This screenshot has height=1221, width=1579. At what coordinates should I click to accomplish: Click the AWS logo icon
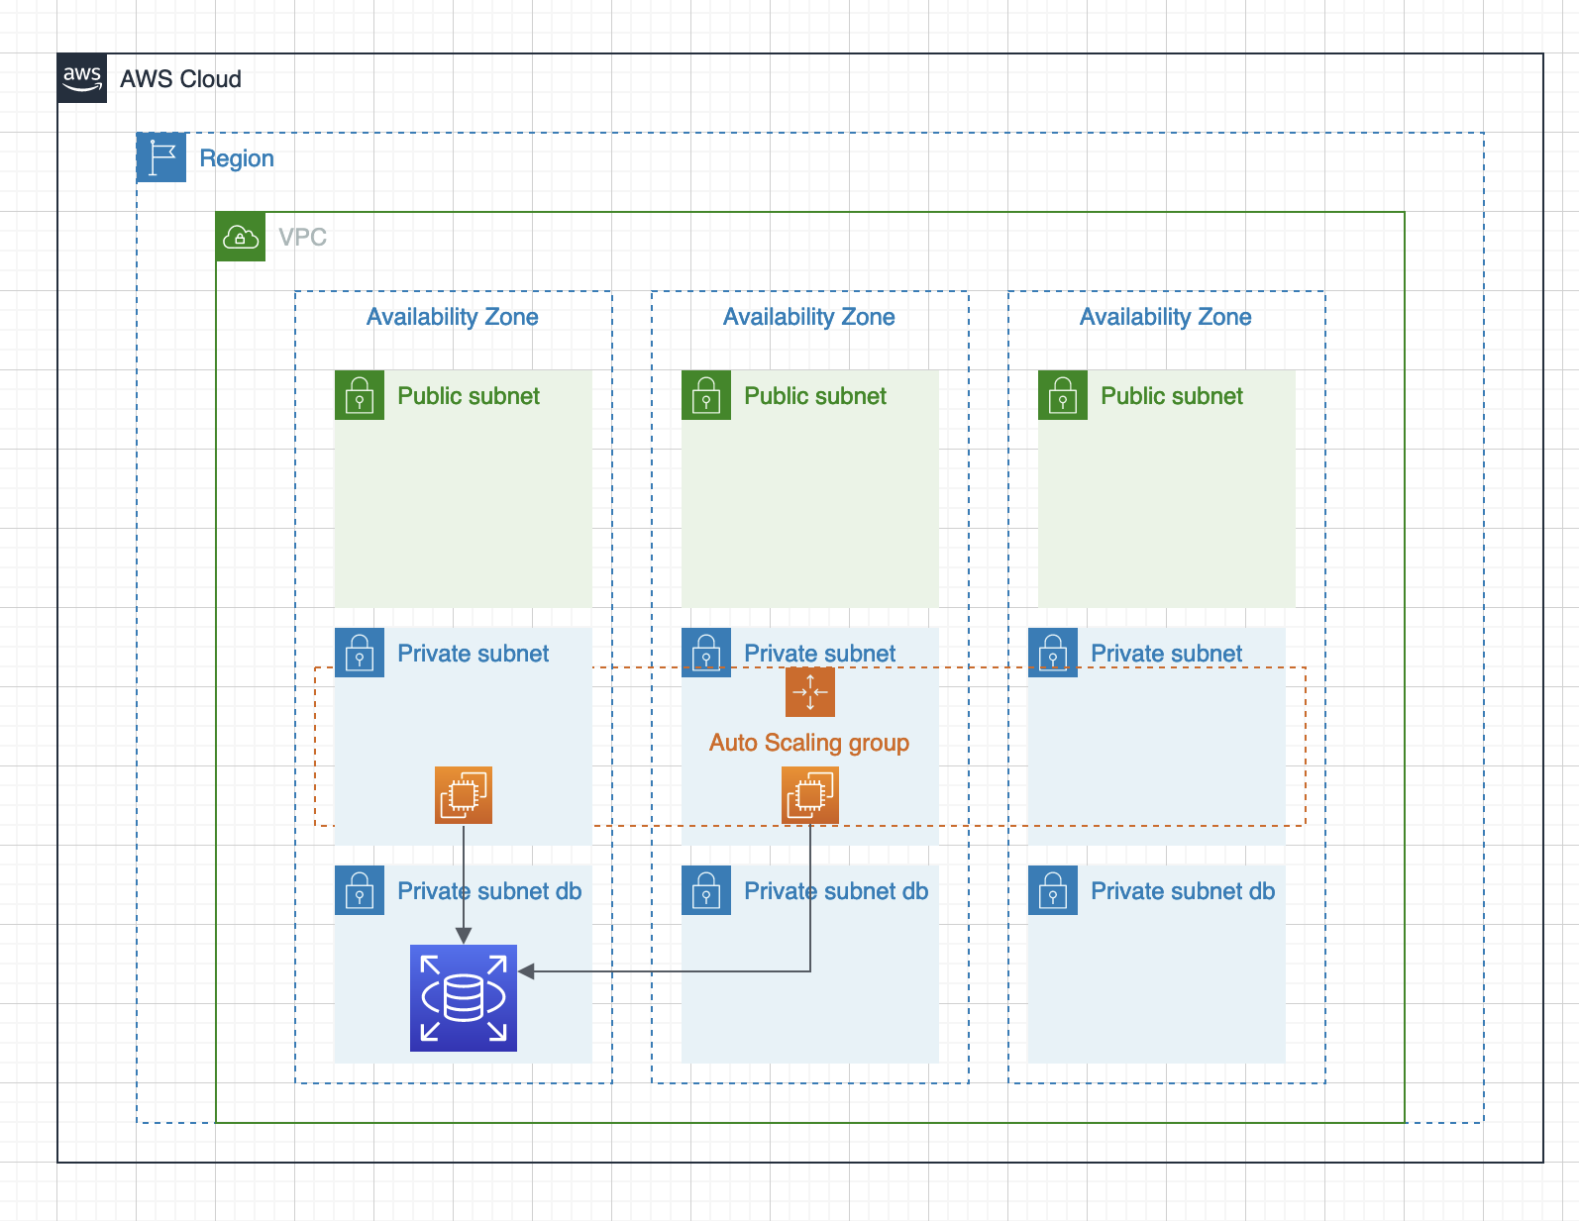coord(82,78)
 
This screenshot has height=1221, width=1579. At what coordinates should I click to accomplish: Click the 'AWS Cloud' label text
coord(180,79)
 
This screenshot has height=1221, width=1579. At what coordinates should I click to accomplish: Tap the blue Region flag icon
coord(161,157)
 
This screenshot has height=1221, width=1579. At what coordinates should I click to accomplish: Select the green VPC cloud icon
coord(241,237)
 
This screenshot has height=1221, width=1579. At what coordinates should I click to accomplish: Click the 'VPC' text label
coord(302,238)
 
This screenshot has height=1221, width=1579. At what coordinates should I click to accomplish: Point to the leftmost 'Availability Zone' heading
coord(453,317)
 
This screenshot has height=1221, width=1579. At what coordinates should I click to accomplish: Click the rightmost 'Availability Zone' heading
coord(1165,317)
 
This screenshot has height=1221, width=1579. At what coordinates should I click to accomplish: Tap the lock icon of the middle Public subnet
coord(706,395)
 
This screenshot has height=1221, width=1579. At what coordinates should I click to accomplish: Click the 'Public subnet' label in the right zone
coord(1171,396)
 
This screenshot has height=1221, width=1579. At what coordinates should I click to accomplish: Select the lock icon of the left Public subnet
coord(360,395)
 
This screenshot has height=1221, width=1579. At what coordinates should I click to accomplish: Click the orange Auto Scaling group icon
coord(810,691)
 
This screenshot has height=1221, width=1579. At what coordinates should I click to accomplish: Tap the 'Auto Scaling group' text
coord(809,743)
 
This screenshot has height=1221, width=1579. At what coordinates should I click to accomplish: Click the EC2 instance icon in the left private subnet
coord(464,794)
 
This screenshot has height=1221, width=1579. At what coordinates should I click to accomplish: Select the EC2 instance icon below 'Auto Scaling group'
coord(810,794)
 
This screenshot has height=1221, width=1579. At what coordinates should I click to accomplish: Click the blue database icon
coord(464,997)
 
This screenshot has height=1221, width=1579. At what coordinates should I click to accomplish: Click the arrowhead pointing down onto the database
coord(464,936)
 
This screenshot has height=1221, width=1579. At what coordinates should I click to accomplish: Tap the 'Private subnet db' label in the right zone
coord(1183,891)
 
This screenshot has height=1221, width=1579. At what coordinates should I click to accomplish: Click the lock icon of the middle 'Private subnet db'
coord(706,890)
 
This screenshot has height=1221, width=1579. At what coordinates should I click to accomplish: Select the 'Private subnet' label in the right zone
coord(1166,654)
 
